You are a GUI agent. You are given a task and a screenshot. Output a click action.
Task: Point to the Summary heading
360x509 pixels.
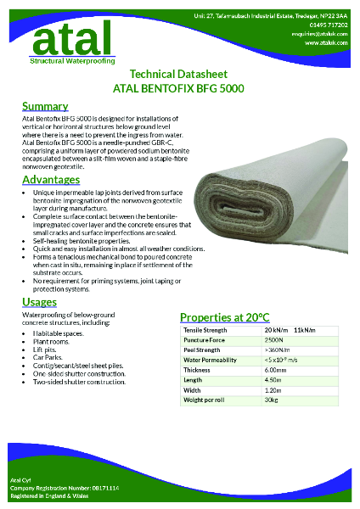coord(45,107)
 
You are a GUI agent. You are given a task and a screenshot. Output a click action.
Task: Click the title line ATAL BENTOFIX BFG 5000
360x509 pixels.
coord(180,87)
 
